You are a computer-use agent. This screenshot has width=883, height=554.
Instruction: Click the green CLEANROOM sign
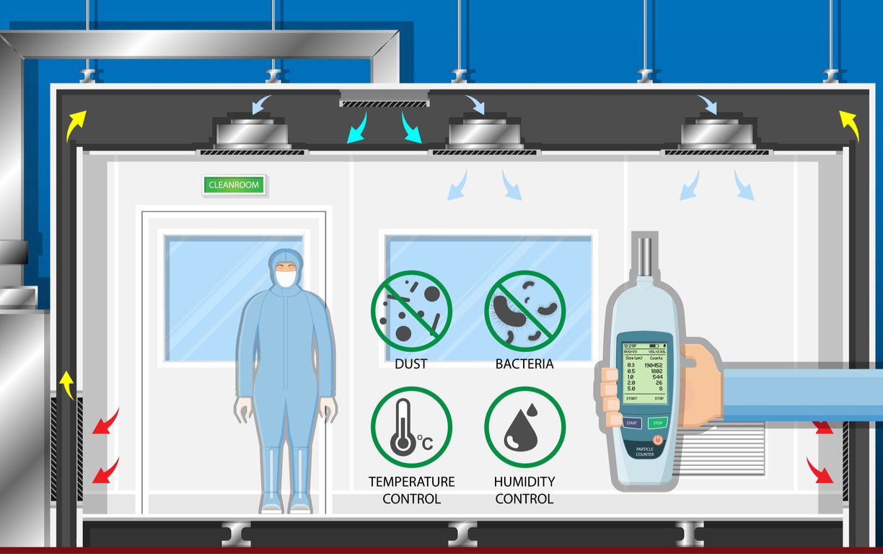[234, 185]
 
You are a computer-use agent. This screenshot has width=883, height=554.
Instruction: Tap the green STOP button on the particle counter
[656, 423]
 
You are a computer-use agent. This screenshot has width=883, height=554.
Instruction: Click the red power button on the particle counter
[657, 439]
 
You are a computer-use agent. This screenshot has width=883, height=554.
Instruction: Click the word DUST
[410, 364]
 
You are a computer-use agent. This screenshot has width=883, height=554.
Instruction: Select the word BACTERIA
[524, 364]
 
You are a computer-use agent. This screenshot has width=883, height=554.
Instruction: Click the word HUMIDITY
[524, 481]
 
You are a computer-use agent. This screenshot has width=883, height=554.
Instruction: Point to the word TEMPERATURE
[411, 481]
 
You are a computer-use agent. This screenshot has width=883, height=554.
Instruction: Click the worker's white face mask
[286, 278]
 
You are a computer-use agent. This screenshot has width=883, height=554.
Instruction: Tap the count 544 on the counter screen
[656, 377]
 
